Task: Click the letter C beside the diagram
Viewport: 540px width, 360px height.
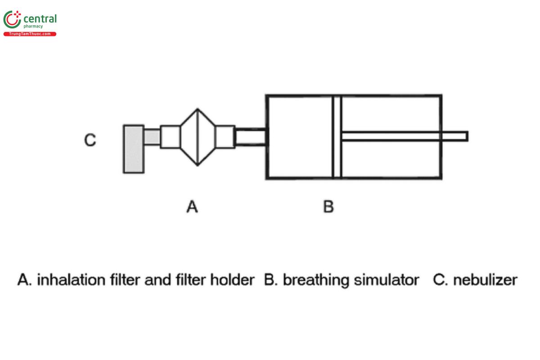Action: [90, 140]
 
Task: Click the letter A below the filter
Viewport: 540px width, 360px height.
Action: [192, 207]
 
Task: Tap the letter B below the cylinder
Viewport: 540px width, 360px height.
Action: [328, 207]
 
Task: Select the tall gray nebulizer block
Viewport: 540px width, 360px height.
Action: [134, 149]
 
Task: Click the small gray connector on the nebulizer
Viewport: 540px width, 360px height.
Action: [152, 137]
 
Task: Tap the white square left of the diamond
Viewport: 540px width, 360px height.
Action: [171, 137]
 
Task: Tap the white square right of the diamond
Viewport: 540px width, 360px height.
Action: [225, 137]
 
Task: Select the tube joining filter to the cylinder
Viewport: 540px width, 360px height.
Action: [251, 137]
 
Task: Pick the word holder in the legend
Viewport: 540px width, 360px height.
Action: [232, 280]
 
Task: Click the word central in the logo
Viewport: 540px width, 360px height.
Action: [40, 19]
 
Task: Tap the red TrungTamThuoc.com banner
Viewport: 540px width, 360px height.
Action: [30, 34]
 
